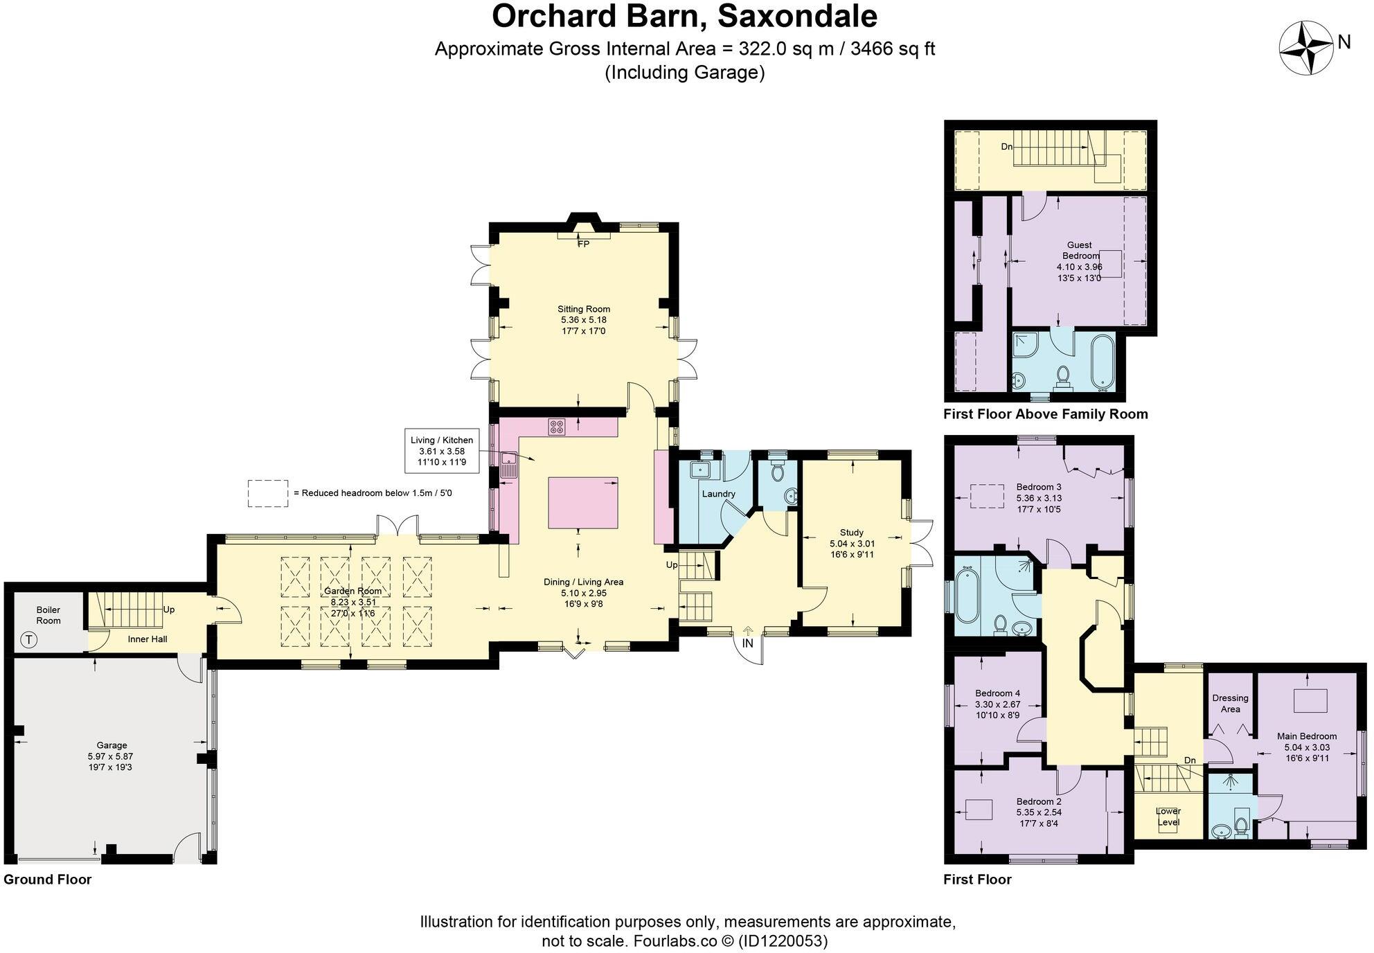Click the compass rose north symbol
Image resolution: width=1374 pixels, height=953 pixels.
pos(1306,48)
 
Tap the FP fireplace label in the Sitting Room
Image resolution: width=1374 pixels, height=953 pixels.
pos(584,244)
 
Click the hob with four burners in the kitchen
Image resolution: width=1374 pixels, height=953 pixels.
pos(556,427)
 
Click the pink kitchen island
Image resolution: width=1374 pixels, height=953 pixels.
pos(583,502)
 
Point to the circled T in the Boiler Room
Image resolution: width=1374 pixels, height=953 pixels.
pos(28,640)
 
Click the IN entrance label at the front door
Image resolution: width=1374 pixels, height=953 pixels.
pos(748,643)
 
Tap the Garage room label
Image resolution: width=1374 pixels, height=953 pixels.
pos(111,745)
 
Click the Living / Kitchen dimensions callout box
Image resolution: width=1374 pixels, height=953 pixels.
pos(442,451)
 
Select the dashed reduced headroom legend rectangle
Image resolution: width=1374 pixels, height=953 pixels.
pos(268,493)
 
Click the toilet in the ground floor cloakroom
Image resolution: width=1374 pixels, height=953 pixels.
pos(777,471)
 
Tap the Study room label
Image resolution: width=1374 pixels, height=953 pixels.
pos(851,532)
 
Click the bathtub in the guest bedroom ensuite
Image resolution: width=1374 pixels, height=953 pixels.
pos(1103,362)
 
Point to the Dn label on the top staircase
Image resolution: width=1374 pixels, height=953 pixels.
pos(1006,147)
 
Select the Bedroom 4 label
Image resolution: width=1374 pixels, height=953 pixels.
pos(997,693)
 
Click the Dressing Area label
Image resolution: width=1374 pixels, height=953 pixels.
pos(1230,703)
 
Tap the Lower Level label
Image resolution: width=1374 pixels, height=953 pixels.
pos(1168,817)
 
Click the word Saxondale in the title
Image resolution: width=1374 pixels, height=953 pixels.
pos(797,17)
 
